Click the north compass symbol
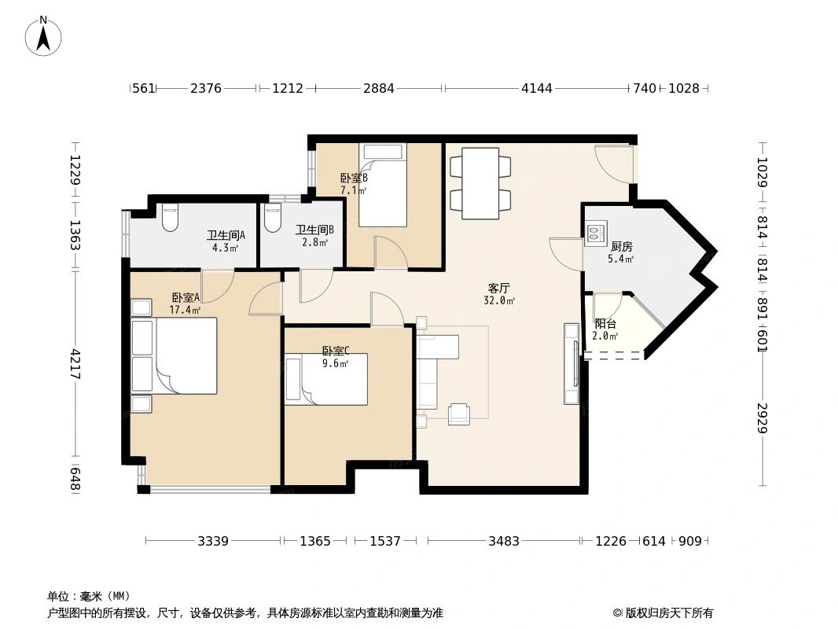click(44, 36)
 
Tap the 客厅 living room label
click(499, 288)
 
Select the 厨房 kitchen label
click(621, 246)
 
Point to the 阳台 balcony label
click(605, 323)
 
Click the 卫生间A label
click(226, 234)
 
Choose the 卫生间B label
click(314, 230)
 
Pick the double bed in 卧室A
click(184, 355)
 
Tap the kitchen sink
click(595, 231)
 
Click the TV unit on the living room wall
click(572, 363)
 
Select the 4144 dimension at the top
click(537, 88)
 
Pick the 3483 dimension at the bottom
click(503, 541)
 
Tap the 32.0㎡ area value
click(499, 300)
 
